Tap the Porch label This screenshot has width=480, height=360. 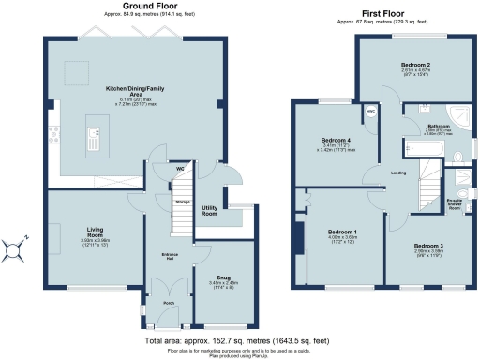[x=169, y=303]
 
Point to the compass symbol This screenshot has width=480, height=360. [x=15, y=248]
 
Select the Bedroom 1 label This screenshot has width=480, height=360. [x=341, y=232]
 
